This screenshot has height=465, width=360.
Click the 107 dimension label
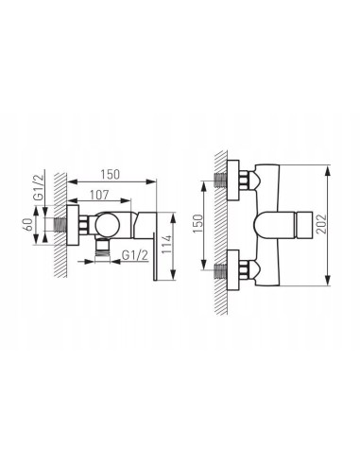tap(99, 195)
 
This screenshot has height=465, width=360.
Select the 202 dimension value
tap(321, 224)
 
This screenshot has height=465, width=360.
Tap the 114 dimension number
tap(167, 245)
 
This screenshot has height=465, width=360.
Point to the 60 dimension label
tap(28, 224)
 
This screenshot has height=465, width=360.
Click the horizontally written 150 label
tap(110, 174)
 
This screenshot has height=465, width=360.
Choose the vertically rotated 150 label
tap(198, 223)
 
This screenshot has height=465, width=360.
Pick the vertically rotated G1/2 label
tap(38, 187)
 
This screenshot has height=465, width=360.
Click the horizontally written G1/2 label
tap(135, 255)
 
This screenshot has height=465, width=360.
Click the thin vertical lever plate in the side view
tap(154, 256)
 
